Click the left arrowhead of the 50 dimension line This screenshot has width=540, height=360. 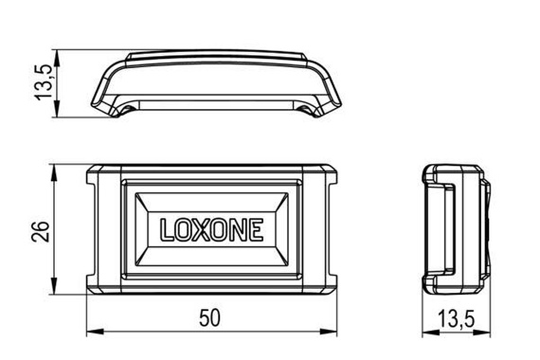[91, 332]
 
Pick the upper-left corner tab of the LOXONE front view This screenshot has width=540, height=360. [101, 176]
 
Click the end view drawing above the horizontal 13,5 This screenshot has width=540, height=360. [456, 225]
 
